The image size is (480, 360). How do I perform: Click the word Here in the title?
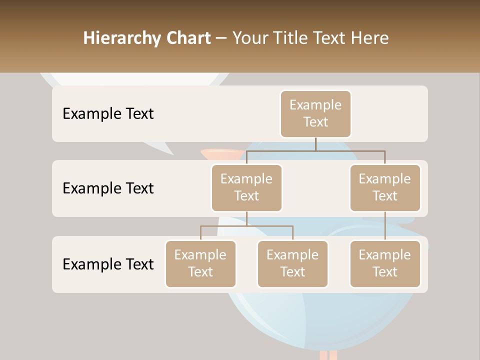369,38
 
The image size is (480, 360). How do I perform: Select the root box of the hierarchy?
315,114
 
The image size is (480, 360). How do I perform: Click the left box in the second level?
246,188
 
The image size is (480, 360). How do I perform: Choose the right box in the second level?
385,188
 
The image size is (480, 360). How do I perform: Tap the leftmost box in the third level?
200,264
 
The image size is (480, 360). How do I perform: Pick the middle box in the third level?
292,264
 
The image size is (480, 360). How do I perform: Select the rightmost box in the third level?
385,264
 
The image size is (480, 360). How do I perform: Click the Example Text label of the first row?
108,114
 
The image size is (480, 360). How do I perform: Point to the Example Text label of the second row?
108,188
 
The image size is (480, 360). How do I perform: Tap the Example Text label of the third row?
108,264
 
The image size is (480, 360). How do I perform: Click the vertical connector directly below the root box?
315,144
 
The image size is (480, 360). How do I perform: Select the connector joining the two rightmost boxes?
385,226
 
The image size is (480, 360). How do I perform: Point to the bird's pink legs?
328,355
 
